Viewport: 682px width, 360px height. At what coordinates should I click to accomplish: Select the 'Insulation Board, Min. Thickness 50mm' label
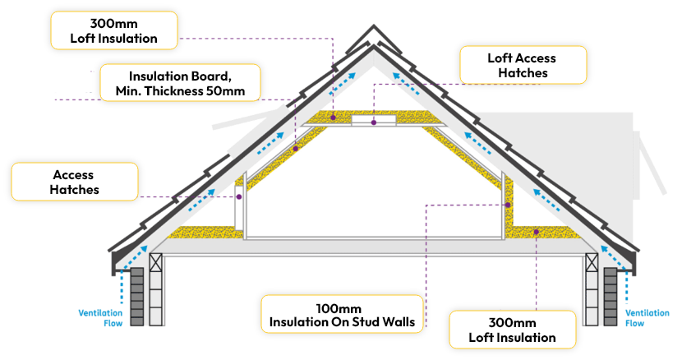[x=180, y=82]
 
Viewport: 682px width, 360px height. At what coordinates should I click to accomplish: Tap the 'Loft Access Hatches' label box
[x=523, y=65]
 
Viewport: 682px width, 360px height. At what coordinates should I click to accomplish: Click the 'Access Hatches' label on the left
[x=74, y=182]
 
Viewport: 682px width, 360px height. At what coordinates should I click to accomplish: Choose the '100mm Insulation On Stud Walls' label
[x=343, y=312]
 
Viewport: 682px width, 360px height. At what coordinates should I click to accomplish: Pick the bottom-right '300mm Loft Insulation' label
[x=512, y=330]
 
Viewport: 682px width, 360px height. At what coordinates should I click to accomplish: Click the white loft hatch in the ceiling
[x=374, y=122]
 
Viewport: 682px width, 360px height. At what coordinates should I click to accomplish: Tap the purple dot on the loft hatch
[x=373, y=122]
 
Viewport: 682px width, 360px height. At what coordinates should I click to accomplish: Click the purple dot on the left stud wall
[x=238, y=196]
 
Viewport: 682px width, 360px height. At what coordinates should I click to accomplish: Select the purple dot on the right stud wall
[x=509, y=205]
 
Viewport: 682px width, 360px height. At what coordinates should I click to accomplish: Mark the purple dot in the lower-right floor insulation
[x=536, y=232]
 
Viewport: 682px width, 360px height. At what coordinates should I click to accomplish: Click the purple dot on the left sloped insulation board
[x=296, y=149]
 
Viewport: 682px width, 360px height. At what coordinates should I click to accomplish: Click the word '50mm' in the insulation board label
[x=225, y=90]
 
